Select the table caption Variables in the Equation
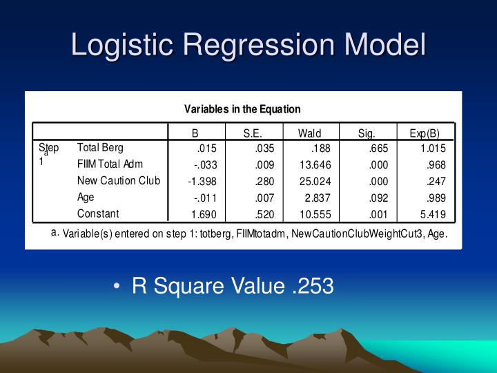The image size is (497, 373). [x=242, y=108]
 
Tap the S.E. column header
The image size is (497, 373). [x=253, y=133]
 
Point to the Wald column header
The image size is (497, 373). [x=309, y=133]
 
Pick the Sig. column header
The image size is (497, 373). [x=366, y=133]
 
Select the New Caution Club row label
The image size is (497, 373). [x=118, y=180]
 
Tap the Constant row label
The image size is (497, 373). [x=97, y=213]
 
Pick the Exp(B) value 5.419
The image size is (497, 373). [x=433, y=214]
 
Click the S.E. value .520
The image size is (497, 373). [x=266, y=214]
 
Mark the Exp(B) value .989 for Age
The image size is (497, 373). [x=436, y=198]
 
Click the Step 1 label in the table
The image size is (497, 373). [x=48, y=153]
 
